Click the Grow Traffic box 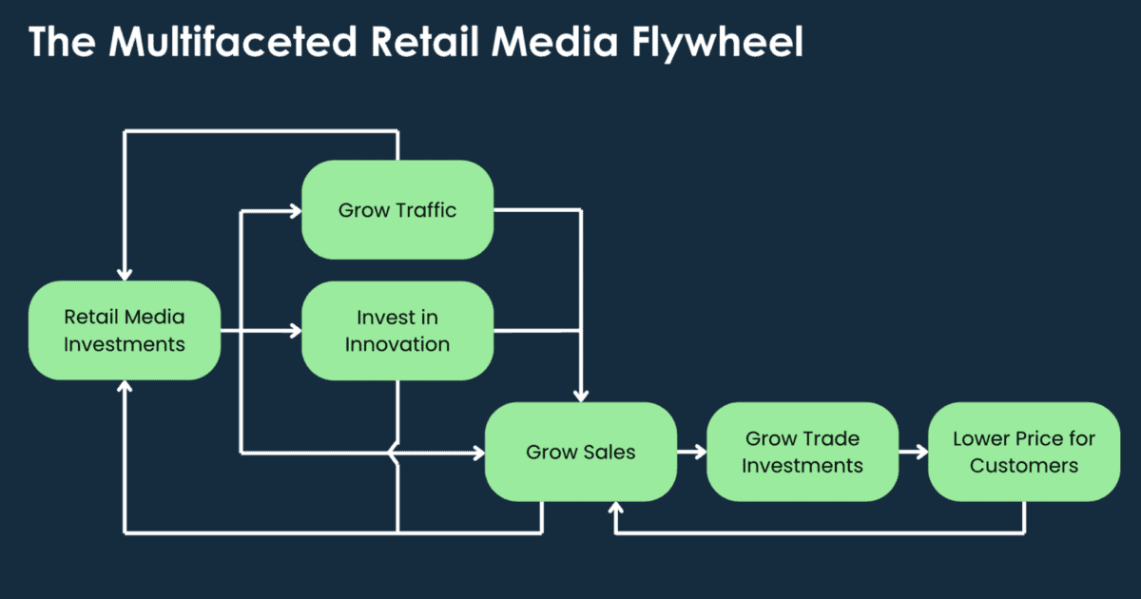coord(397,209)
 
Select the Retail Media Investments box coord(125,330)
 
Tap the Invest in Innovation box coord(397,330)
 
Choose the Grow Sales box coord(580,452)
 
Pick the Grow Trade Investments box coord(803,452)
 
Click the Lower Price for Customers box coord(1024,452)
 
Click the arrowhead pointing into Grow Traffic coord(295,210)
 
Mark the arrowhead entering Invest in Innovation coord(295,331)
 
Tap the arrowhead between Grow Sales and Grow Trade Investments coord(700,452)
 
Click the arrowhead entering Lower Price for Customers coord(921,452)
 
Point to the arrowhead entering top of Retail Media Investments coord(125,274)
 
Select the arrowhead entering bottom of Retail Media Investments coord(125,387)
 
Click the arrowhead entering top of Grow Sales coord(581,395)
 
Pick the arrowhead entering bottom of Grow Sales coord(617,509)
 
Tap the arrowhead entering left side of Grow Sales coord(478,453)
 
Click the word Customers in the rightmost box coord(1024,465)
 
